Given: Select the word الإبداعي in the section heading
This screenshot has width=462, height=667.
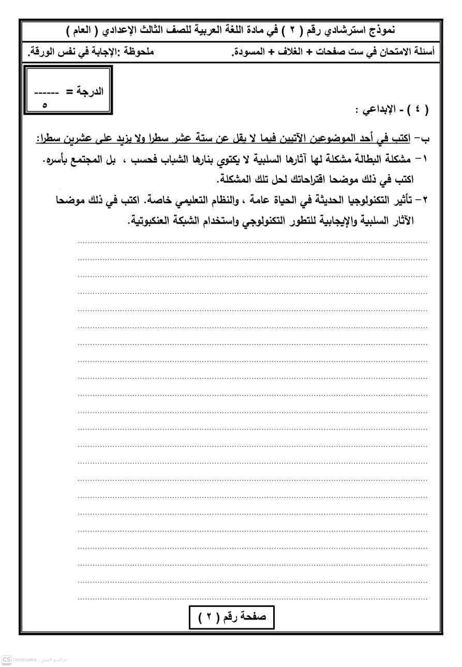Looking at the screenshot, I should pos(376,110).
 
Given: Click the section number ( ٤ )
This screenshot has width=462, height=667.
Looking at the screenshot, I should pos(418,110).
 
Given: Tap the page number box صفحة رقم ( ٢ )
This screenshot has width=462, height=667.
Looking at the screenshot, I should pos(231,617).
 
